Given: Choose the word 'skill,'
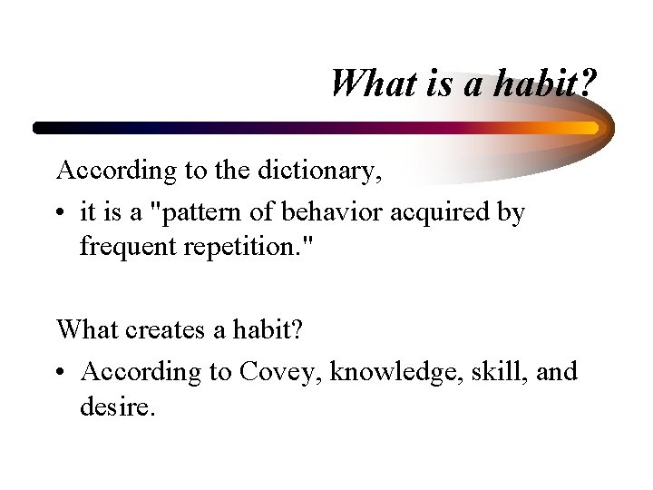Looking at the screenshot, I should click(x=495, y=372).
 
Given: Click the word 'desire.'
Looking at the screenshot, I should click(x=118, y=406).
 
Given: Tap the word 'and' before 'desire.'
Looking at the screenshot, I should click(x=557, y=372).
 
